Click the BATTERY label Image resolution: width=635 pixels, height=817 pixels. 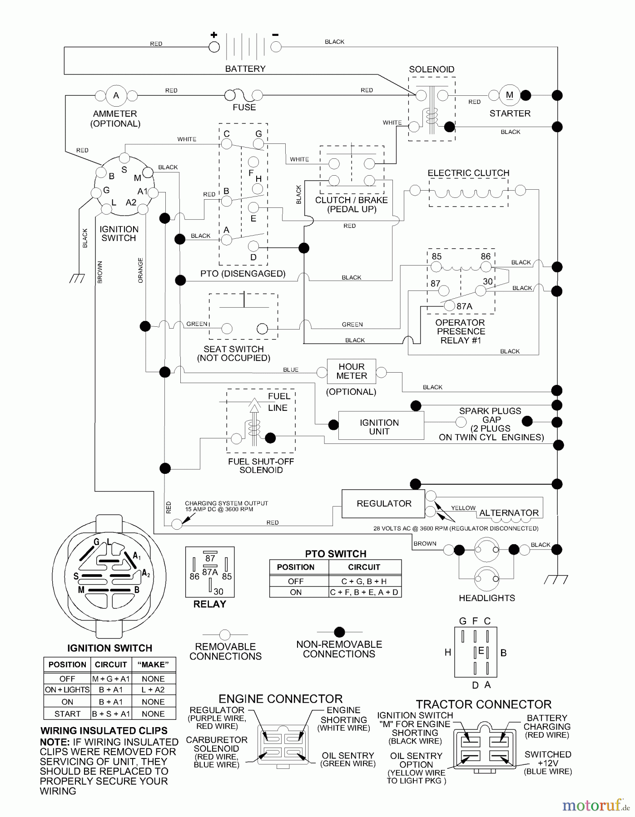pyautogui.click(x=245, y=69)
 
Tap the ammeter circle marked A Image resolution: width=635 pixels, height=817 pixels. pyautogui.click(x=116, y=95)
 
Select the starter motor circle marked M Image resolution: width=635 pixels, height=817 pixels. pyautogui.click(x=509, y=95)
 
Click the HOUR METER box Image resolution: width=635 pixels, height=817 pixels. pyautogui.click(x=352, y=371)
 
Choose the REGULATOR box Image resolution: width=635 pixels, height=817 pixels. pyautogui.click(x=383, y=503)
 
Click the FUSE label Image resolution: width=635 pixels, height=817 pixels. pyautogui.click(x=244, y=108)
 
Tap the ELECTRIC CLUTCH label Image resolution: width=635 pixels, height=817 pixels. pyautogui.click(x=468, y=173)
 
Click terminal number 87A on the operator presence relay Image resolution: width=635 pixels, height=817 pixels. pyautogui.click(x=464, y=306)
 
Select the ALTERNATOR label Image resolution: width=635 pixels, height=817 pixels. pyautogui.click(x=509, y=513)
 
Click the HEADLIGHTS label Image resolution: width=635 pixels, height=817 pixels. pyautogui.click(x=486, y=598)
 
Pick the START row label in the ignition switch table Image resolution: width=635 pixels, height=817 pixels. pyautogui.click(x=67, y=714)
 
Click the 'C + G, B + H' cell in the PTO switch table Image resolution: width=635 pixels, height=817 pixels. pyautogui.click(x=364, y=581)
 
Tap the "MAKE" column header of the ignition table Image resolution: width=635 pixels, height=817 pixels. pyautogui.click(x=153, y=665)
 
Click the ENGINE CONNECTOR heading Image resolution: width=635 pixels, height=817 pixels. pyautogui.click(x=281, y=699)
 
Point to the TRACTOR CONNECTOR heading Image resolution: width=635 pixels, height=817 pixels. pyautogui.click(x=483, y=704)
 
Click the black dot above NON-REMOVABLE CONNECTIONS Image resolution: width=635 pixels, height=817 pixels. pyautogui.click(x=339, y=632)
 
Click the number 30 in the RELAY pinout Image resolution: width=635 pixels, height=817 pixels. pyautogui.click(x=218, y=591)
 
